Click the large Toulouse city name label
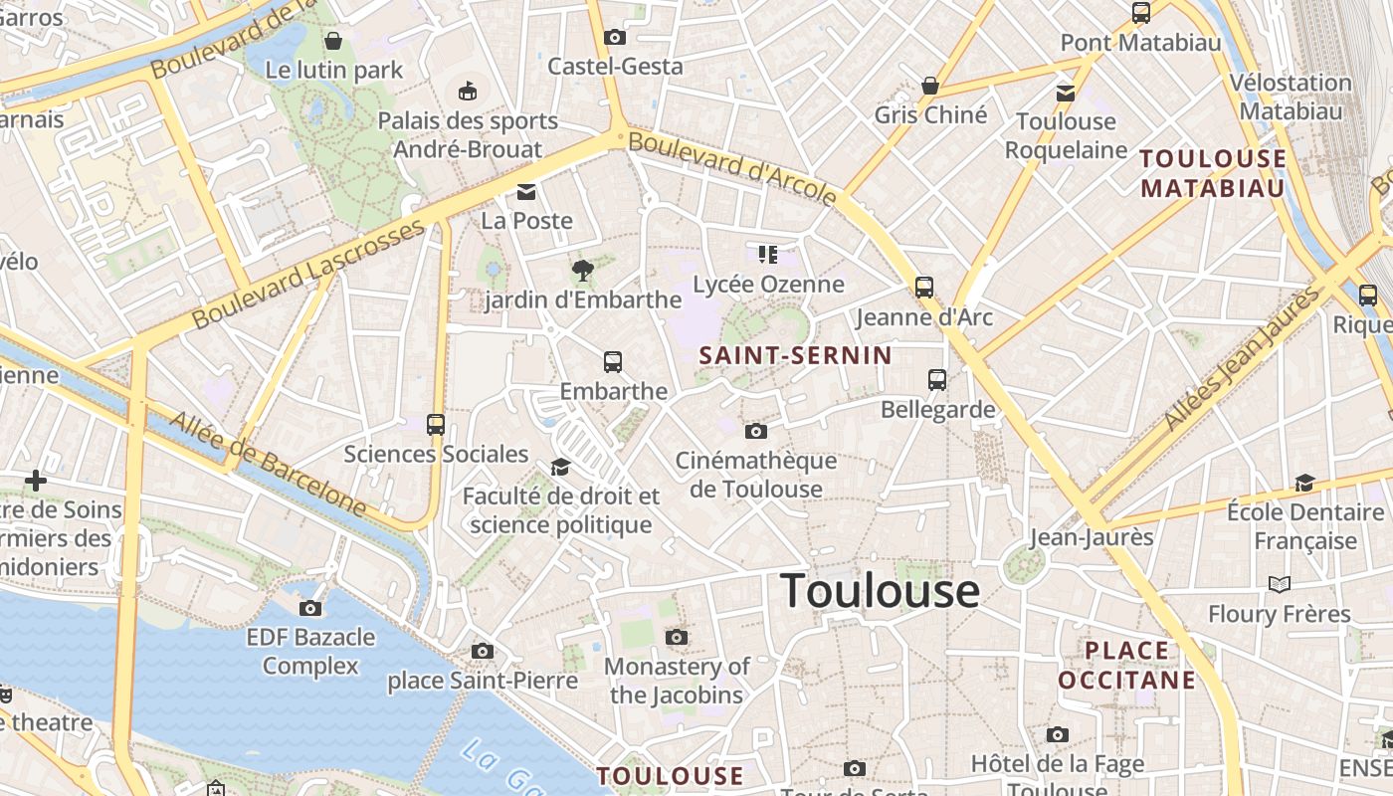[x=880, y=591]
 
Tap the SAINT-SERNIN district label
[x=795, y=355]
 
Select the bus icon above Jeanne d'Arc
[x=924, y=288]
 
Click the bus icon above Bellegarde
[x=937, y=379]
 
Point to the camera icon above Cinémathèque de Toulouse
[x=756, y=431]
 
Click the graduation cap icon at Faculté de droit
[x=561, y=467]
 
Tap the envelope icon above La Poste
[x=526, y=191]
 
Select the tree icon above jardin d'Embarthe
[x=582, y=270]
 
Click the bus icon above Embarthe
[x=613, y=362]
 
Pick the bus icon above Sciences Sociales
[x=436, y=425]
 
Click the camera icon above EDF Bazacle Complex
[x=310, y=608]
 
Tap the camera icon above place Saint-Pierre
[x=483, y=652]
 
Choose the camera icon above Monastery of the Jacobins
[x=677, y=637]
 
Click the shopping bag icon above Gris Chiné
[x=930, y=87]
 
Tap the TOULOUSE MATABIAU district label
[x=1213, y=173]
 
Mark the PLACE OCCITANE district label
[x=1126, y=665]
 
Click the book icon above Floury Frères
[x=1280, y=584]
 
